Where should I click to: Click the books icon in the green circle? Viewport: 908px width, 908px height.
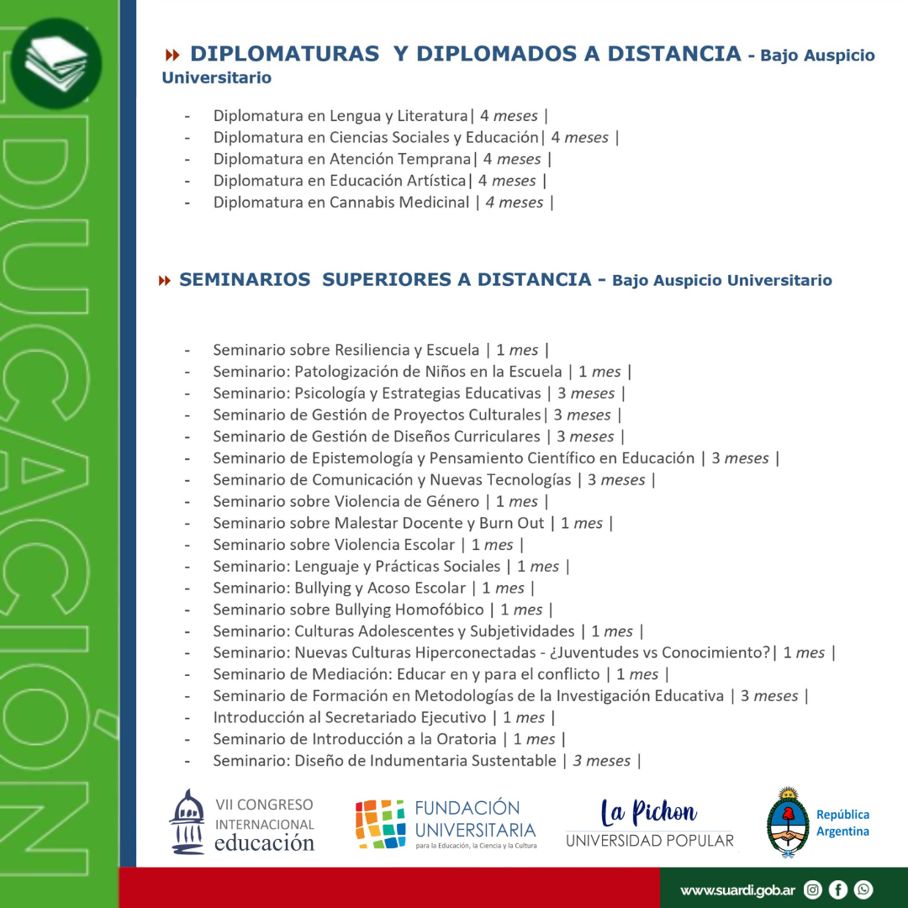(x=56, y=63)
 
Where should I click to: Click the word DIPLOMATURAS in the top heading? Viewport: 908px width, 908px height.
(x=284, y=54)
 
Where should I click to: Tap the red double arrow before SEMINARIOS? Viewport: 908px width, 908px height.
(x=165, y=280)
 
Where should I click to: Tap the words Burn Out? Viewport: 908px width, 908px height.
(x=512, y=523)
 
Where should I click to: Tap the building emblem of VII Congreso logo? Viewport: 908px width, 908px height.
(x=187, y=821)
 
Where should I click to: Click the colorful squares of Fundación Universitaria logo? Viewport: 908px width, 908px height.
(x=380, y=823)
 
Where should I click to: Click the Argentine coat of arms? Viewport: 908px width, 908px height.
(x=788, y=822)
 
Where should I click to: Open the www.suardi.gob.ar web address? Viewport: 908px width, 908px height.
(x=737, y=890)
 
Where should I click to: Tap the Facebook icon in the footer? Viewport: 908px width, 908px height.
(x=838, y=890)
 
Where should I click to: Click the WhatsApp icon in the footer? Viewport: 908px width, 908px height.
(x=863, y=890)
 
